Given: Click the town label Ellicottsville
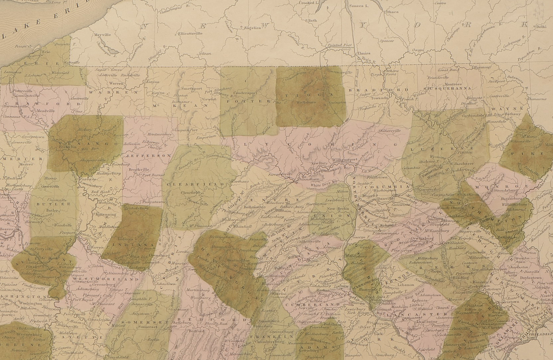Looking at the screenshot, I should (190, 34).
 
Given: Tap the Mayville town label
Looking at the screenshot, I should (102, 35).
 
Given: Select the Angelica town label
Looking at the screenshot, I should (253, 28).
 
